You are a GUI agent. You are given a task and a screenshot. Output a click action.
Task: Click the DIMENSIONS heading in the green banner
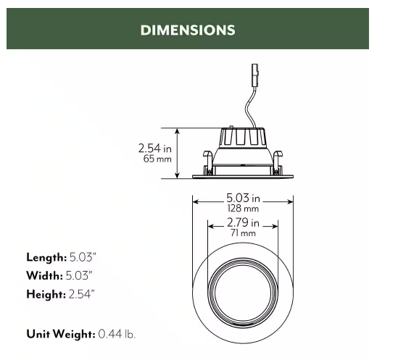point(187,30)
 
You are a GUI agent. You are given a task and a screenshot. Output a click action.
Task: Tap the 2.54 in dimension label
point(155,148)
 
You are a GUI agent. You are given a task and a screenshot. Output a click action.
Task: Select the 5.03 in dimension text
point(243,197)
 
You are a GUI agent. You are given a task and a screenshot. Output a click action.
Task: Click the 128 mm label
point(243,208)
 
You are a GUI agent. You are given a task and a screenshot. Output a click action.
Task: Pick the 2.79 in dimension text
point(243,222)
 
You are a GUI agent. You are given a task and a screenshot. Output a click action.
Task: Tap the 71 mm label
point(243,233)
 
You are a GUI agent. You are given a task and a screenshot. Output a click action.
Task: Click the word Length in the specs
point(46,257)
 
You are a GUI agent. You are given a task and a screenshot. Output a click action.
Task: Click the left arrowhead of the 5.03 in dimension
point(194,201)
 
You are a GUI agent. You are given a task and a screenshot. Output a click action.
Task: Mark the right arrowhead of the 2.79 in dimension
point(278,226)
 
